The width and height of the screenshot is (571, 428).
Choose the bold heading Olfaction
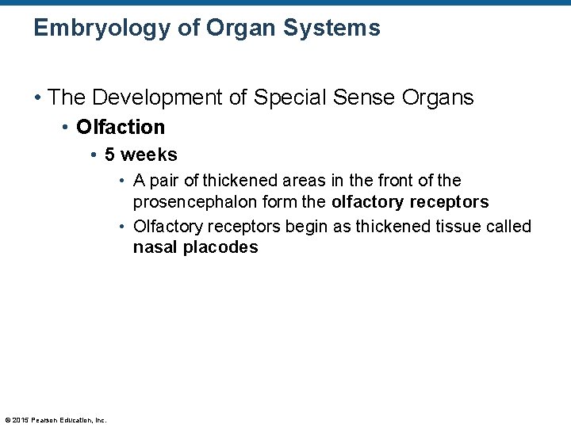point(121,127)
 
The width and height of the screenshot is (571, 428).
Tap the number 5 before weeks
point(109,155)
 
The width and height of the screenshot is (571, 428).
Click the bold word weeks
point(149,155)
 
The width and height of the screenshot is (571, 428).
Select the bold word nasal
point(155,247)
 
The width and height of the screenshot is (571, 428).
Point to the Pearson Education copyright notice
point(56,419)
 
